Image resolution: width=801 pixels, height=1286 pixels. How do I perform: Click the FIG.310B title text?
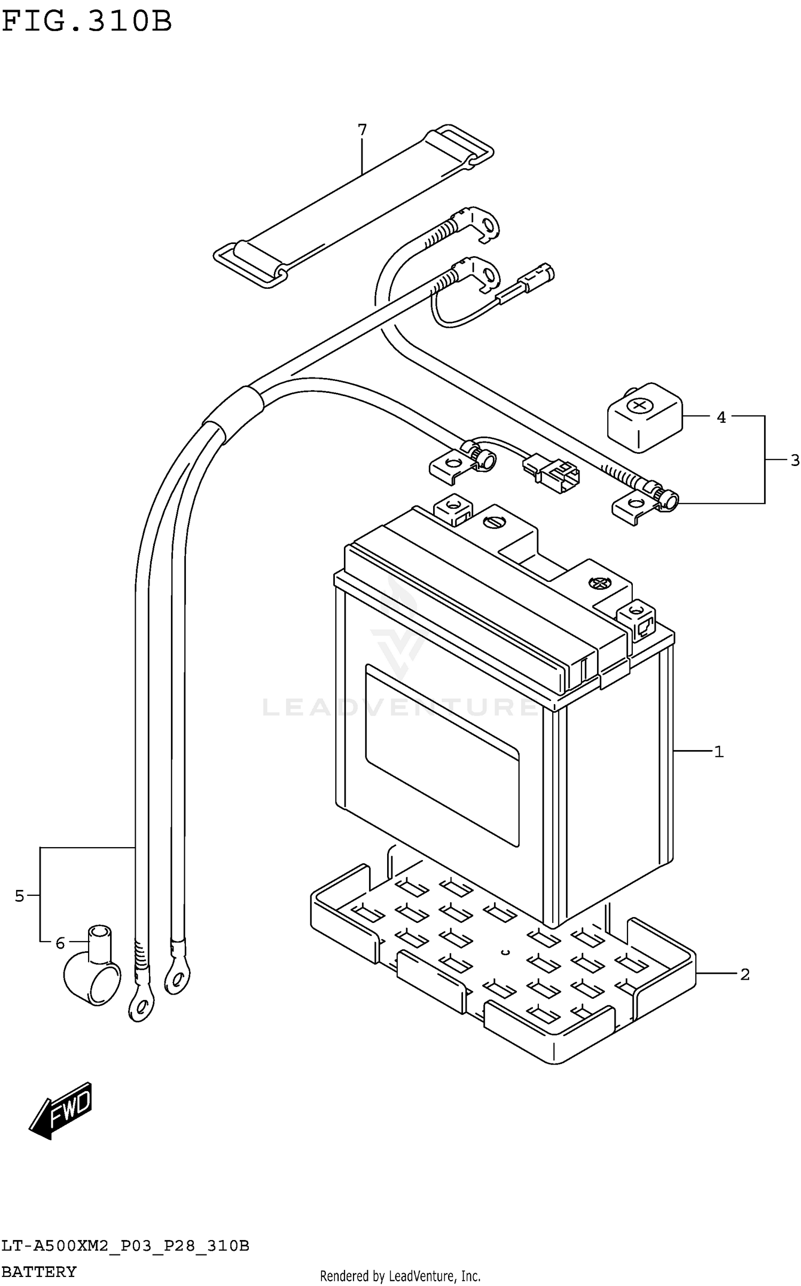87,22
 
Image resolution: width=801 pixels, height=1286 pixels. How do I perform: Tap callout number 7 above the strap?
362,130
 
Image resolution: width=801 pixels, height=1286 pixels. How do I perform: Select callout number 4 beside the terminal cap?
721,417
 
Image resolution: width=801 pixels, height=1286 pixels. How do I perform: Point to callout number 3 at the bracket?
795,460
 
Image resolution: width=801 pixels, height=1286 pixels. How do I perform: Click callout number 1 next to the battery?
719,752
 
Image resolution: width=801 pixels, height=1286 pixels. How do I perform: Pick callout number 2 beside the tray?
745,975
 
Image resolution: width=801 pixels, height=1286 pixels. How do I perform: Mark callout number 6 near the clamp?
60,943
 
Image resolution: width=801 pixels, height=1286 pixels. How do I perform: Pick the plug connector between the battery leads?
552,471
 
